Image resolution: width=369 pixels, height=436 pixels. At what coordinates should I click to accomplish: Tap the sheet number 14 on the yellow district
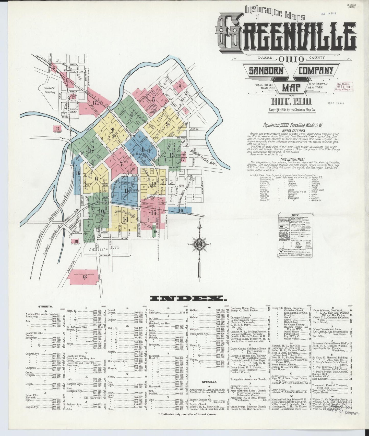[x=125, y=219]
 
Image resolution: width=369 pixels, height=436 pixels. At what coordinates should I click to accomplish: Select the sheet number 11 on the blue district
[x=126, y=191]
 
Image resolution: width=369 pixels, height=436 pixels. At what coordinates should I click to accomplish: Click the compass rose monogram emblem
[x=201, y=244]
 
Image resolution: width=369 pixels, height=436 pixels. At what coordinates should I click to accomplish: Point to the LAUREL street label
[x=194, y=129]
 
